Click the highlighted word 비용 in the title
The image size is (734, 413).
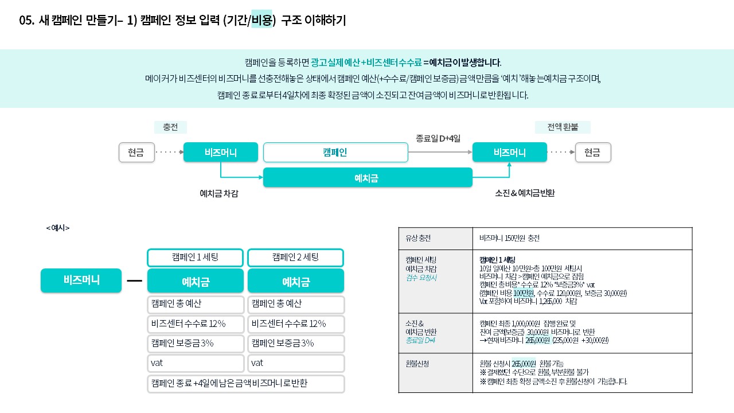point(261,20)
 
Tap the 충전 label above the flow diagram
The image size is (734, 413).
point(170,127)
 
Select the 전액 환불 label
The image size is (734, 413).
point(563,127)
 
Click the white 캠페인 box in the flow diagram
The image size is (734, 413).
point(335,153)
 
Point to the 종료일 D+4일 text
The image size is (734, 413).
point(438,139)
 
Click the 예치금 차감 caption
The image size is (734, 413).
point(219,193)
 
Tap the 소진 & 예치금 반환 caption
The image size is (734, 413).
point(525,193)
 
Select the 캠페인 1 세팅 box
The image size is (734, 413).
point(196,258)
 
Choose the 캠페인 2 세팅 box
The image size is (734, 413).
point(295,258)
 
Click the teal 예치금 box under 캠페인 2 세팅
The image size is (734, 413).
point(295,281)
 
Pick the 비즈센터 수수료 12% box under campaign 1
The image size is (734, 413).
point(196,324)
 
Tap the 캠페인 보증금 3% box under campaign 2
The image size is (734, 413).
point(296,344)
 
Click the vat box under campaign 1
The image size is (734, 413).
point(196,363)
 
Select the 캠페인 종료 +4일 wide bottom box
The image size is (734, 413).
point(246,384)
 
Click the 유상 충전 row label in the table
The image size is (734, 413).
point(418,238)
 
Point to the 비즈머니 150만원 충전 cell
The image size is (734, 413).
point(509,238)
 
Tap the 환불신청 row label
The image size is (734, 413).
point(417,364)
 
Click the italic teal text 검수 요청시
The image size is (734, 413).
point(421,278)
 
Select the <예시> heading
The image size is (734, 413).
point(58,228)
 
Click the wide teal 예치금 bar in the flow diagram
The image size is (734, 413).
point(368,178)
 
